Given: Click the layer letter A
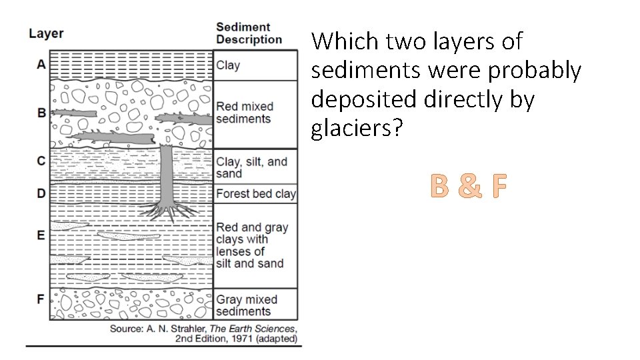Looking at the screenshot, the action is tap(41, 64).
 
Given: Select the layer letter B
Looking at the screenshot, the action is tap(41, 113).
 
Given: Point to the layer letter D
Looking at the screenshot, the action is tap(41, 193).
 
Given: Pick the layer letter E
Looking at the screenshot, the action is tap(41, 235).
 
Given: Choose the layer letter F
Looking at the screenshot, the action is tap(41, 298).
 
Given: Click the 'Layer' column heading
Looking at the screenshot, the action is tap(46, 33).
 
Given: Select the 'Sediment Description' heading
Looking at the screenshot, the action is tap(249, 33).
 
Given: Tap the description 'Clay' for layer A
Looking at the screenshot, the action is tap(228, 65).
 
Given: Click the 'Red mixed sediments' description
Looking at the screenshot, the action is tap(245, 113).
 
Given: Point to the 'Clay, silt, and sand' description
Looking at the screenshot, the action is tap(251, 167).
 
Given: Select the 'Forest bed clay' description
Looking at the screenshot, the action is tap(255, 194).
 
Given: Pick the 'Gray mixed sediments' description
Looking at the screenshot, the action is tap(246, 305).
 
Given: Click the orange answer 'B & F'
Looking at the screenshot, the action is tap(469, 187).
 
